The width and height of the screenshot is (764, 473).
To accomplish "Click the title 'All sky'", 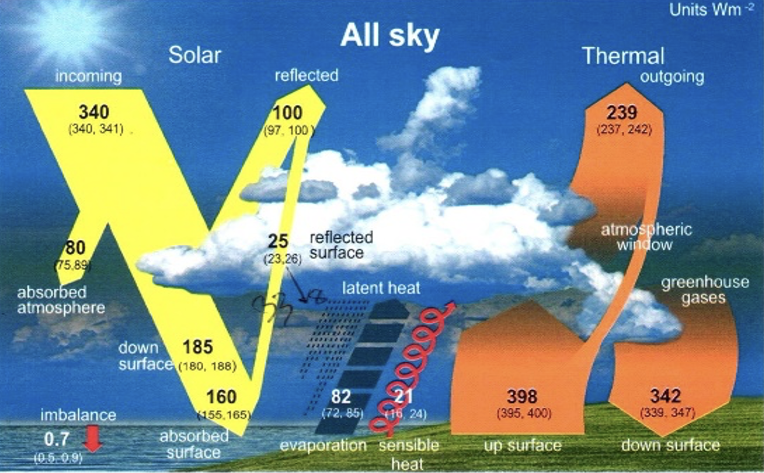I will [390, 35].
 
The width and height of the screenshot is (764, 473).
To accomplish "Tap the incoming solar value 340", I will [94, 112].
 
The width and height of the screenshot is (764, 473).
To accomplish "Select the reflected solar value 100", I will [287, 113].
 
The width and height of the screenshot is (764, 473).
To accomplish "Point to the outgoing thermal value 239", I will [622, 112].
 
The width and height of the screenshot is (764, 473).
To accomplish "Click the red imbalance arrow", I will [94, 440].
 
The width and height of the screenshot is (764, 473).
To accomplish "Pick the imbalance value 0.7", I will [56, 439].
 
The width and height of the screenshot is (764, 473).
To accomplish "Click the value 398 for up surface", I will [522, 396].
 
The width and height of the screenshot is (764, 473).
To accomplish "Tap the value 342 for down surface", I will [666, 396].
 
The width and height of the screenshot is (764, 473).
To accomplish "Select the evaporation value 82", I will [341, 396].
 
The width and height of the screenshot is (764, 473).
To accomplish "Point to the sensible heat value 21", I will [403, 396].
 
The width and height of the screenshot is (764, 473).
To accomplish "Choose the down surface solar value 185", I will [198, 347].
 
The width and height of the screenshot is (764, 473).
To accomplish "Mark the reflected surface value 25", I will [278, 241].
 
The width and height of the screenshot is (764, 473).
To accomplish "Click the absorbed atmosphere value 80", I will [75, 248].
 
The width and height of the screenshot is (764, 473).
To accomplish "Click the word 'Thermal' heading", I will [623, 56].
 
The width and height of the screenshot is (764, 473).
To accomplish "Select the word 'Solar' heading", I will [194, 55].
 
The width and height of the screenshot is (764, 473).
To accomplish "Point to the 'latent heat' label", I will [381, 288].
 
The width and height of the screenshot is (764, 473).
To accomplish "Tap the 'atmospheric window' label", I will [646, 237].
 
